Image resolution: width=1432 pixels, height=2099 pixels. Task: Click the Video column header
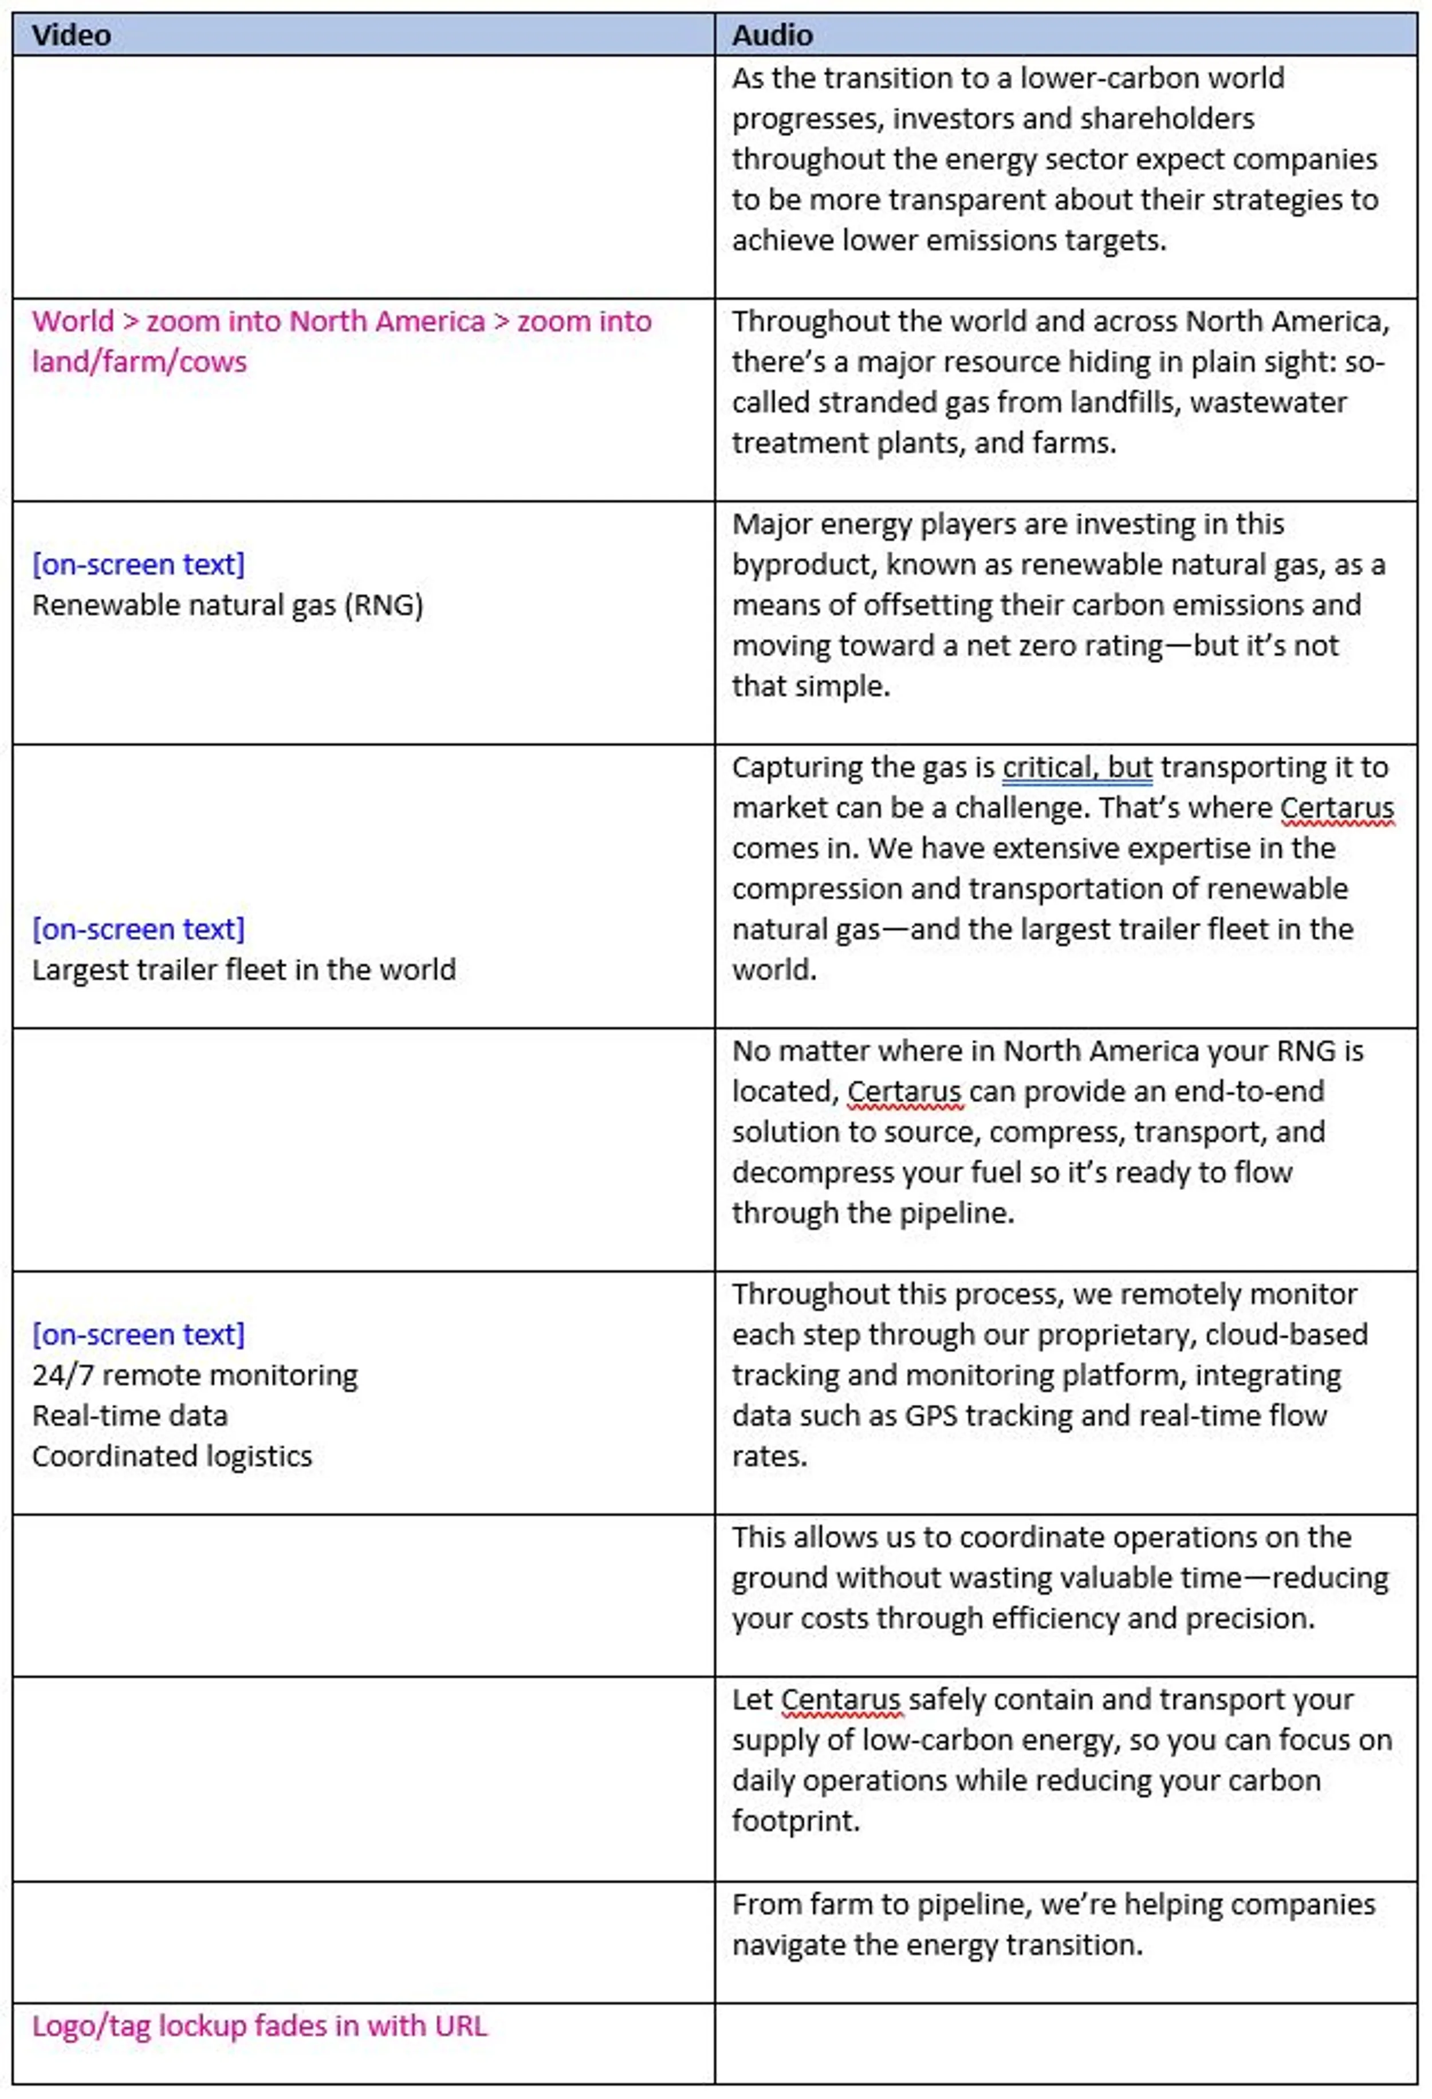(x=72, y=35)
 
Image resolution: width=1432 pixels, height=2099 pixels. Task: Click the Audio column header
(x=772, y=35)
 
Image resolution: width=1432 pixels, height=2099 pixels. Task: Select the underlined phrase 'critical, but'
(x=1077, y=767)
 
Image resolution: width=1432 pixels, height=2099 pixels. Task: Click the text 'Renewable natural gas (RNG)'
(x=227, y=604)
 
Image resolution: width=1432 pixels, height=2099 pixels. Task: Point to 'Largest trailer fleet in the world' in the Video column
(x=244, y=969)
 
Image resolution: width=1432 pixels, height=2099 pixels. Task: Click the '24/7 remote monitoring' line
(x=195, y=1375)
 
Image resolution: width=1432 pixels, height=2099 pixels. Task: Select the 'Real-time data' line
(x=130, y=1416)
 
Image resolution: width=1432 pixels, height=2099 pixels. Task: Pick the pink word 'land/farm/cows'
(x=139, y=361)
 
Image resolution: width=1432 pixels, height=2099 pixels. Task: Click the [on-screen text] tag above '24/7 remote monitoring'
(x=138, y=1334)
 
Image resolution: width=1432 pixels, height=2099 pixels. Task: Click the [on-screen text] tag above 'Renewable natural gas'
(x=138, y=564)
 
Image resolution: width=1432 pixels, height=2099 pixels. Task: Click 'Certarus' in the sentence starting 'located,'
(x=904, y=1091)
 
